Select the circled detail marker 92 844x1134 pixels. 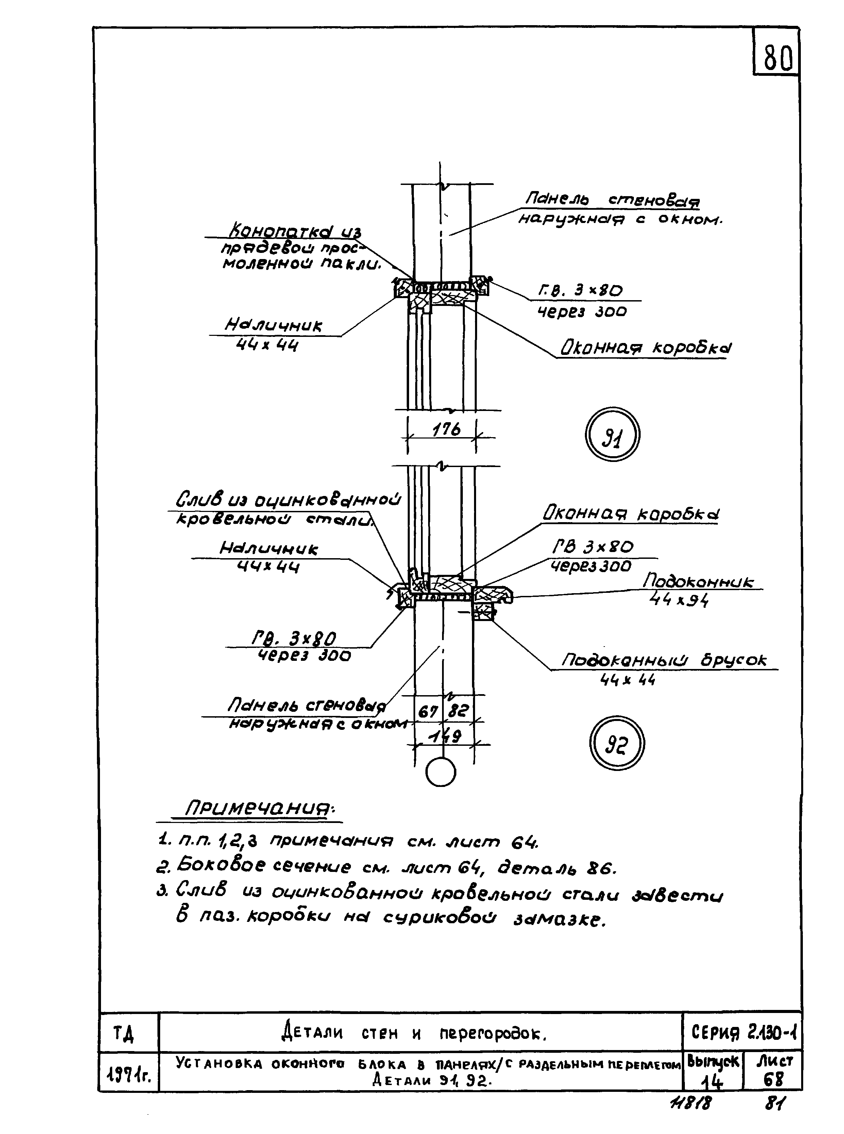[617, 744]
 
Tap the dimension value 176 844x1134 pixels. [446, 429]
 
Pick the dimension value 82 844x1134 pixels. [458, 710]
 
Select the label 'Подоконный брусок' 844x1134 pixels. [664, 660]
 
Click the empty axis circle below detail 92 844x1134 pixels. [440, 772]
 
